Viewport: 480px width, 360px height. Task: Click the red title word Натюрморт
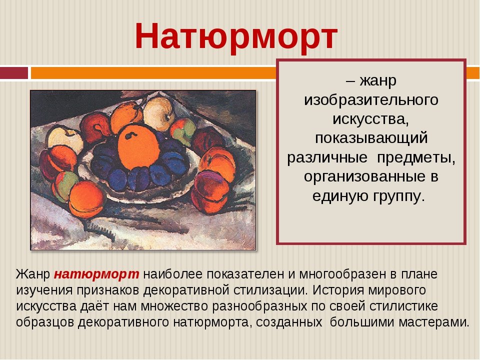pyautogui.click(x=236, y=36)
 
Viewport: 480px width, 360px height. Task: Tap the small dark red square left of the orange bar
pyautogui.click(x=14, y=73)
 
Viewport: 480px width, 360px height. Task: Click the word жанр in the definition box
pyautogui.click(x=378, y=81)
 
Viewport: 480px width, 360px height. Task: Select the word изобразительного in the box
pyautogui.click(x=371, y=100)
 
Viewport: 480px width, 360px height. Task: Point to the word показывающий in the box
pyautogui.click(x=371, y=138)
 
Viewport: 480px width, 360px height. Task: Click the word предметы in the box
pyautogui.click(x=416, y=157)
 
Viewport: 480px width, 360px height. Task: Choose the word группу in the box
pyautogui.click(x=399, y=196)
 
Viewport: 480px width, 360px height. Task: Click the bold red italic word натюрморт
pyautogui.click(x=96, y=274)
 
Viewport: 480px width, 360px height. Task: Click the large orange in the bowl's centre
pyautogui.click(x=138, y=147)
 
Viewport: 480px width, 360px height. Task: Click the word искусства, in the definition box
pyautogui.click(x=370, y=119)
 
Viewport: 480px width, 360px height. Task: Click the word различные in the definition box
pyautogui.click(x=327, y=157)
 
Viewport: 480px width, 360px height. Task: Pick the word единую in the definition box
pyautogui.click(x=340, y=196)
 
